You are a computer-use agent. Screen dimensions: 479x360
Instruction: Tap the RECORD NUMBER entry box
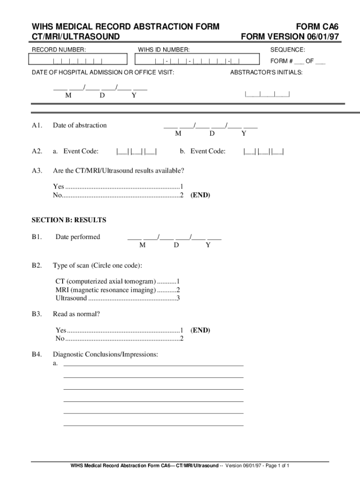78,59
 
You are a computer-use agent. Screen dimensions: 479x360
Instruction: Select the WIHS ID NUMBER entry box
197,59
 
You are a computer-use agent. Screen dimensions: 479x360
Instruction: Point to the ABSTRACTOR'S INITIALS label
266,73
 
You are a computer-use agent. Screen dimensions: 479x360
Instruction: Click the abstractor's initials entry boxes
267,94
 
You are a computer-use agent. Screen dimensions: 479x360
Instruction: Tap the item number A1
37,125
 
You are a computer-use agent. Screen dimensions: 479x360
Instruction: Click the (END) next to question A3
200,196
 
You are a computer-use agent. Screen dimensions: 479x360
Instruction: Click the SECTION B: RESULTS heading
69,220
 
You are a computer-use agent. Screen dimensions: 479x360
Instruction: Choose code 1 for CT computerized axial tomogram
178,282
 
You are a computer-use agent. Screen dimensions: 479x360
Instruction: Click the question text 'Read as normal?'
76,314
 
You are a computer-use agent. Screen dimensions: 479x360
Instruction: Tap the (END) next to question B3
200,330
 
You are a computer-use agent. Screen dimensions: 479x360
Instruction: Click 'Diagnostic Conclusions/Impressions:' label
105,355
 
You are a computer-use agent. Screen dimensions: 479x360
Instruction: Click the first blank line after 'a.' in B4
153,365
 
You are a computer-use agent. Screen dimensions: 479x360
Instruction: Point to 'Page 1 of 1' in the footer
278,466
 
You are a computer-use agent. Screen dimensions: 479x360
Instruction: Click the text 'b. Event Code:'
202,151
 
